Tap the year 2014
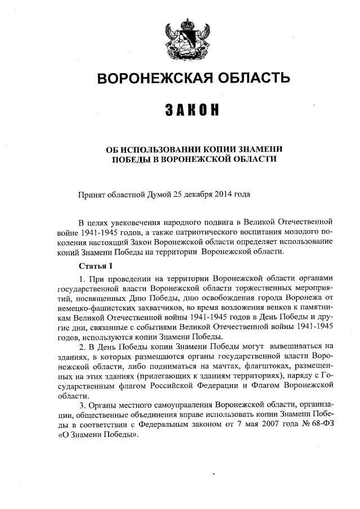(220, 195)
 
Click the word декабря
(195, 195)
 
